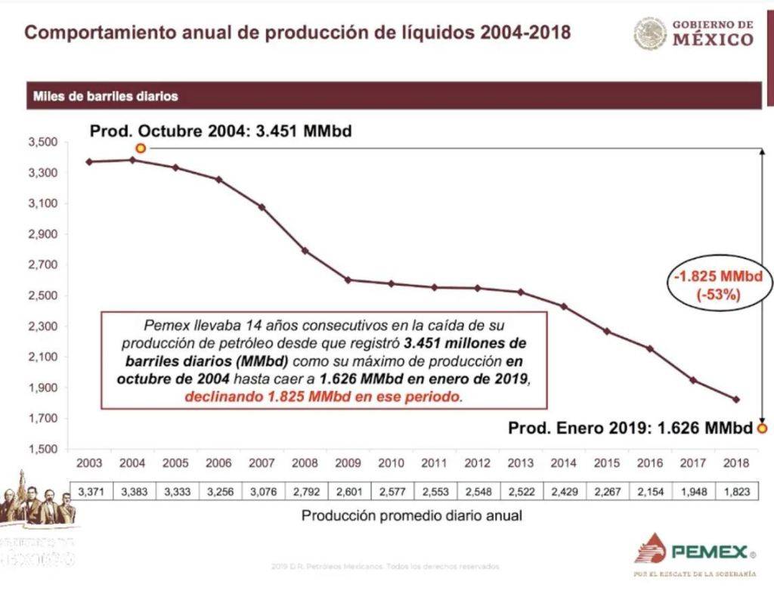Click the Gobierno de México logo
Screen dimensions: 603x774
click(694, 33)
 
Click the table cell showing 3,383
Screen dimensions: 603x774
click(133, 492)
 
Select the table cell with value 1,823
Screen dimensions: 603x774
click(735, 492)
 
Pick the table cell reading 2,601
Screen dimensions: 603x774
click(348, 492)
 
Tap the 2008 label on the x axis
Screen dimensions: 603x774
click(305, 463)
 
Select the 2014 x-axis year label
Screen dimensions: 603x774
click(563, 463)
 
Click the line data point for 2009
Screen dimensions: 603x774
click(348, 280)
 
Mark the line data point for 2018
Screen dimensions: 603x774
click(736, 400)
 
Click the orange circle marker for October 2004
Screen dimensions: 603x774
click(141, 148)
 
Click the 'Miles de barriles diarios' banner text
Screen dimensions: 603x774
click(105, 97)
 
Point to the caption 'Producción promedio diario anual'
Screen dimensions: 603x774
click(412, 516)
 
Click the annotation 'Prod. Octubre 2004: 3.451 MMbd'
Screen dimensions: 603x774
click(221, 131)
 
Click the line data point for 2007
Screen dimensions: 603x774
click(262, 206)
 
